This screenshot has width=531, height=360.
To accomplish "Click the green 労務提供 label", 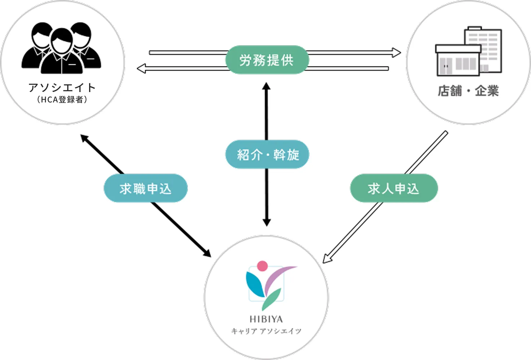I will tap(267, 60).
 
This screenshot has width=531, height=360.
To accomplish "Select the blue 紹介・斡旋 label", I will tap(267, 154).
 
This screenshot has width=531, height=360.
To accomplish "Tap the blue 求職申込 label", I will tap(145, 188).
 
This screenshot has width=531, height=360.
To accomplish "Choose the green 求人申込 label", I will tap(394, 188).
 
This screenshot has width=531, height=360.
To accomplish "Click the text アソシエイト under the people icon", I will tap(62, 88).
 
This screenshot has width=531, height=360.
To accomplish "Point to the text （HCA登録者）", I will tap(62, 100).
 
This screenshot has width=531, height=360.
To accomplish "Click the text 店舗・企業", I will tap(468, 91).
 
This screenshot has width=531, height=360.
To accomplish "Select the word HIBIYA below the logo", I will tap(266, 319).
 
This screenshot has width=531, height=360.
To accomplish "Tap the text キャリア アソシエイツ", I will tap(266, 331).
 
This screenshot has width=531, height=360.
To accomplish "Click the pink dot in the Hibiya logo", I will tap(262, 266).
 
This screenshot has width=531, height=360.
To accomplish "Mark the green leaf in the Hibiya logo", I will tap(271, 299).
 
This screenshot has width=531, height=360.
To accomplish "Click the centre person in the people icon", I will tap(62, 52).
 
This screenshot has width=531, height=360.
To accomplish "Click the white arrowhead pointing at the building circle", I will tap(396, 53).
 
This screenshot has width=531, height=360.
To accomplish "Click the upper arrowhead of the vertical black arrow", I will tap(267, 87).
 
